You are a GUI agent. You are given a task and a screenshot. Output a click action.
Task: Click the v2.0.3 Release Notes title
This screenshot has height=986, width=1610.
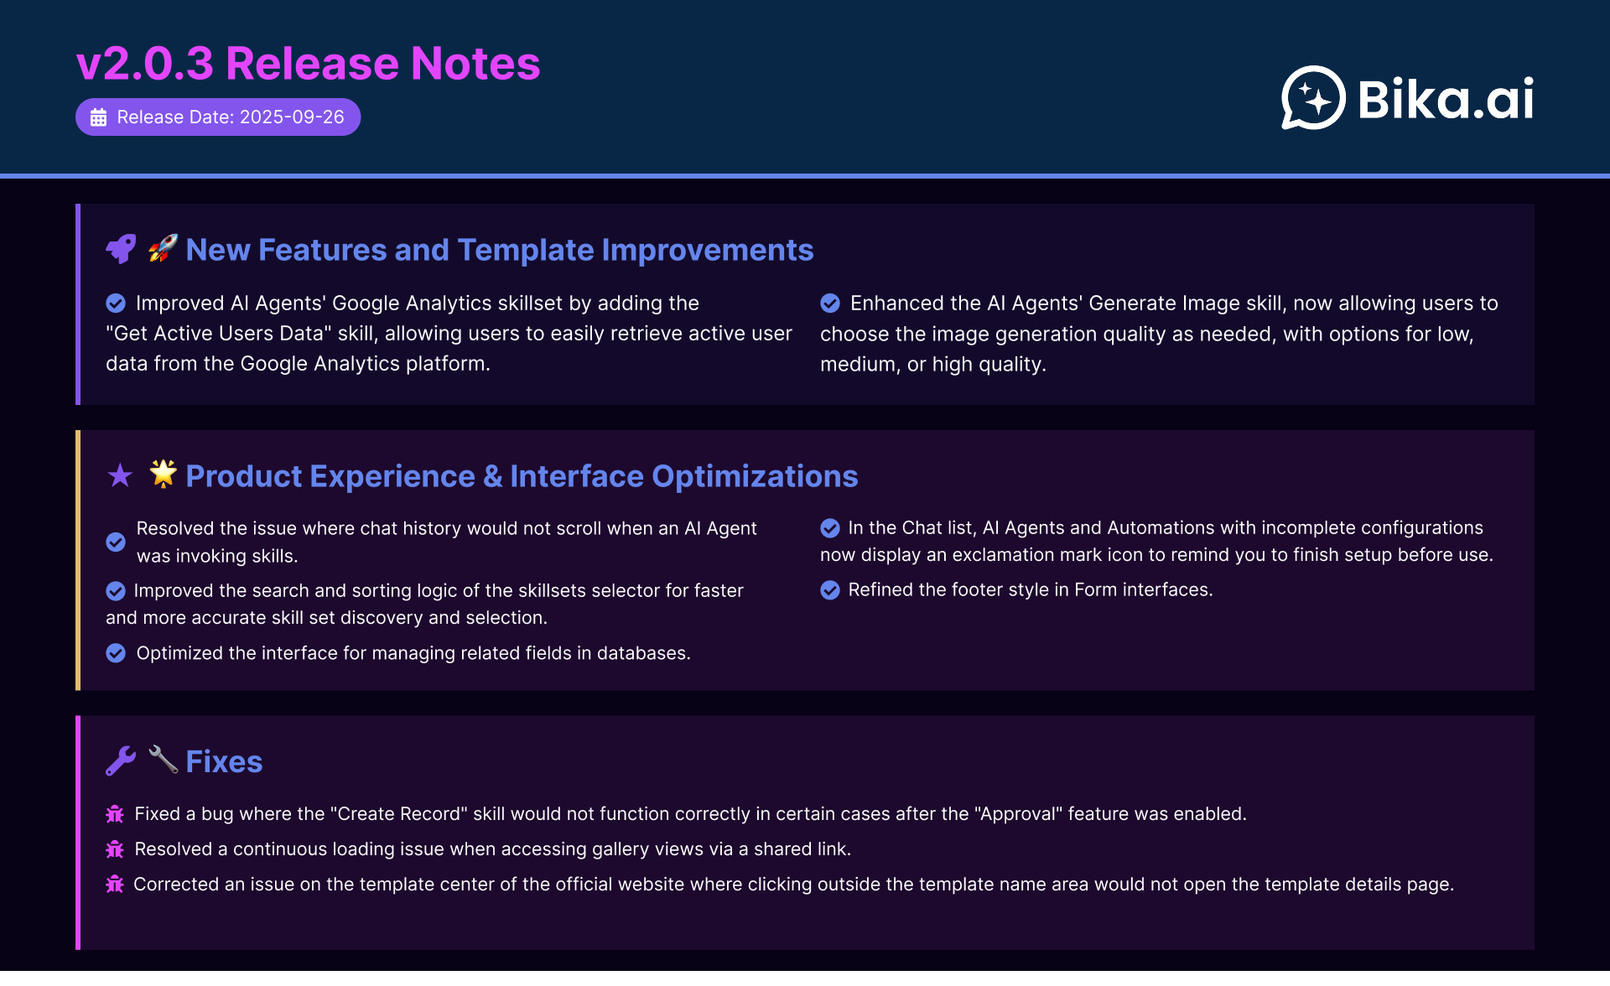308,64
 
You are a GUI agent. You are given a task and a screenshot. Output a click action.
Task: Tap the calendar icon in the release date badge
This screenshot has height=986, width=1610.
98,117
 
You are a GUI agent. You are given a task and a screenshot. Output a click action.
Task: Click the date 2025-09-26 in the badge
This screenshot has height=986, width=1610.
292,117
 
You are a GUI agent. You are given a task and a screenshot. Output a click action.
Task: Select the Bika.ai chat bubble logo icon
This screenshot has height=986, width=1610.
1313,98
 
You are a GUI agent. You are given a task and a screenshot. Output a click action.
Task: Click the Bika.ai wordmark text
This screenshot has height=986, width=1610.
1446,99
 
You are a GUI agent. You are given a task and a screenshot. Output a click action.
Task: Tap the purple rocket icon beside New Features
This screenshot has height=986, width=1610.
121,249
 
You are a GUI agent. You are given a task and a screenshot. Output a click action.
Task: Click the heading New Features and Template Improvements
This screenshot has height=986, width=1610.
500,250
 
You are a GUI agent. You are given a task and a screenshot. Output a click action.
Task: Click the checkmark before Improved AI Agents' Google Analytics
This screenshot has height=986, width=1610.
116,303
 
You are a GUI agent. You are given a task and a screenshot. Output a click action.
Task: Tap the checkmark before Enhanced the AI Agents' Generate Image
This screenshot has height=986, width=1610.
830,303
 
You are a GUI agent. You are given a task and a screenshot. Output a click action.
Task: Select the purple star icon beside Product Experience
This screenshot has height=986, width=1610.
120,475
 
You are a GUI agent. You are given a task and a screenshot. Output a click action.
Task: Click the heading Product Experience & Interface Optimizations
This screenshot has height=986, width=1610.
522,476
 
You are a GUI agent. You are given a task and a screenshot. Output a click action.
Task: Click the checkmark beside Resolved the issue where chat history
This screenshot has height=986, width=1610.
116,542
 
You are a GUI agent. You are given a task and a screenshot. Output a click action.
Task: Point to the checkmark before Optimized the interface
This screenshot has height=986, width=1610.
116,653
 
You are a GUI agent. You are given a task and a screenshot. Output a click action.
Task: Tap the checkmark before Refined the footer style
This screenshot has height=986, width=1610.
830,590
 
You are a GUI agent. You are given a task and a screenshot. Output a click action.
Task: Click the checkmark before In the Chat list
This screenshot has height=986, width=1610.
830,527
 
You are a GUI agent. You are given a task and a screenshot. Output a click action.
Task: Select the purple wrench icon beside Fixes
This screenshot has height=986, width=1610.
121,760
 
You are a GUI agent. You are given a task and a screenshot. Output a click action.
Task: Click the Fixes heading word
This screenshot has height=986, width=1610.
224,761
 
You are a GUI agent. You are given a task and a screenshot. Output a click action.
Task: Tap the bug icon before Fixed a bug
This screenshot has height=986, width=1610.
115,813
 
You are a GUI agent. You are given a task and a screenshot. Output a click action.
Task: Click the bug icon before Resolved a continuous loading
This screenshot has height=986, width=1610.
115,848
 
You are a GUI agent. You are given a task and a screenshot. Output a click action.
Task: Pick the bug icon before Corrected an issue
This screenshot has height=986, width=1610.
115,884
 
